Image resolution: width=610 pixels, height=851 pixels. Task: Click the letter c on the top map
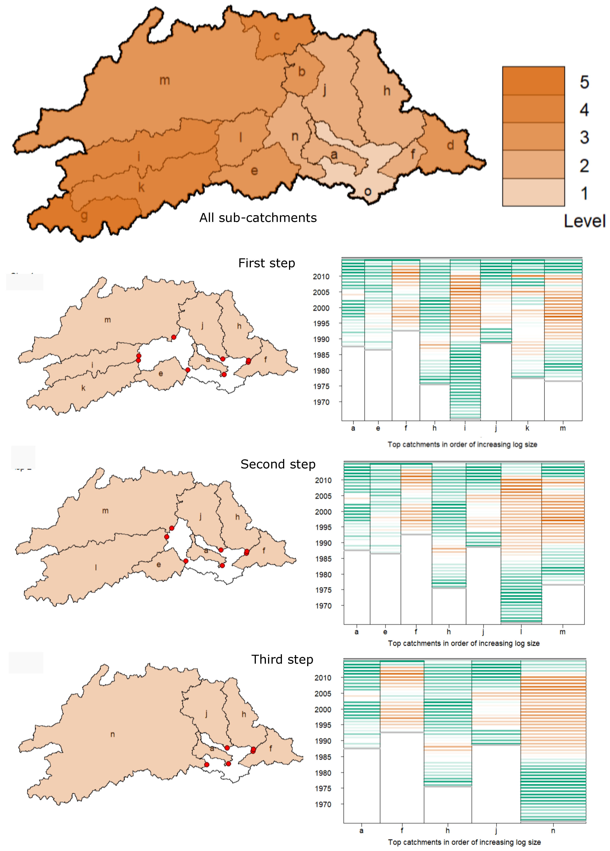277,36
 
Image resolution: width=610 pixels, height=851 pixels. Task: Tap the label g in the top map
84,216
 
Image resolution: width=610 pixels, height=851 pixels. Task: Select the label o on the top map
368,192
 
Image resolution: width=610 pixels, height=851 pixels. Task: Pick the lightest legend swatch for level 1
533,192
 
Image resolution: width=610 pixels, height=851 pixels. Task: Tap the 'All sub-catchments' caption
258,218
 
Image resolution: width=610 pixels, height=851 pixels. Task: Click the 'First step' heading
267,263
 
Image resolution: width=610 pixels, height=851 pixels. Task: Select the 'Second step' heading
278,464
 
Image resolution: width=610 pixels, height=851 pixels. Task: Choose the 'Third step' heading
282,659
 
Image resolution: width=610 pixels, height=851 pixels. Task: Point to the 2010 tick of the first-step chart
321,276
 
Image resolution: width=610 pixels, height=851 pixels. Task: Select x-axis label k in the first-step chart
527,428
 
